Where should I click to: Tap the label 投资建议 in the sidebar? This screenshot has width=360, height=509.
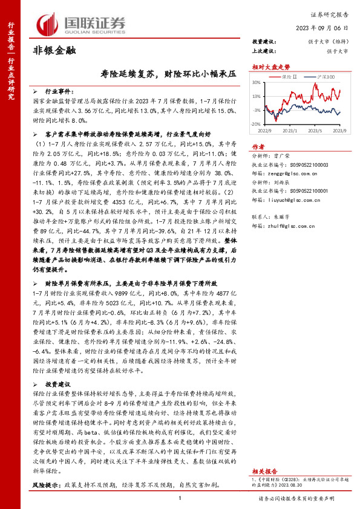point(264,41)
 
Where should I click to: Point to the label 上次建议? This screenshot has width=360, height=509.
point(264,51)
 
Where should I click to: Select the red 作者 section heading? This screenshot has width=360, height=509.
point(258,146)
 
